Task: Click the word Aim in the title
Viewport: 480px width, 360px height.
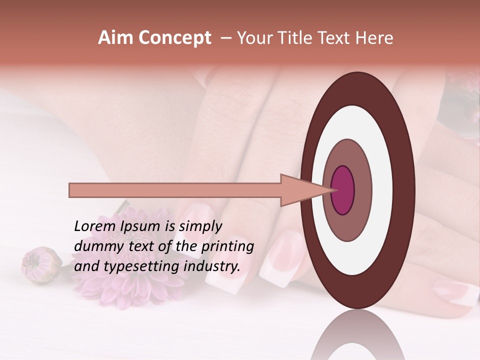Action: coord(115,38)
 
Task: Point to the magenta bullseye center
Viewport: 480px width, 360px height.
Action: coord(342,190)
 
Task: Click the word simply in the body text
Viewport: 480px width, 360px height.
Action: coord(200,227)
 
